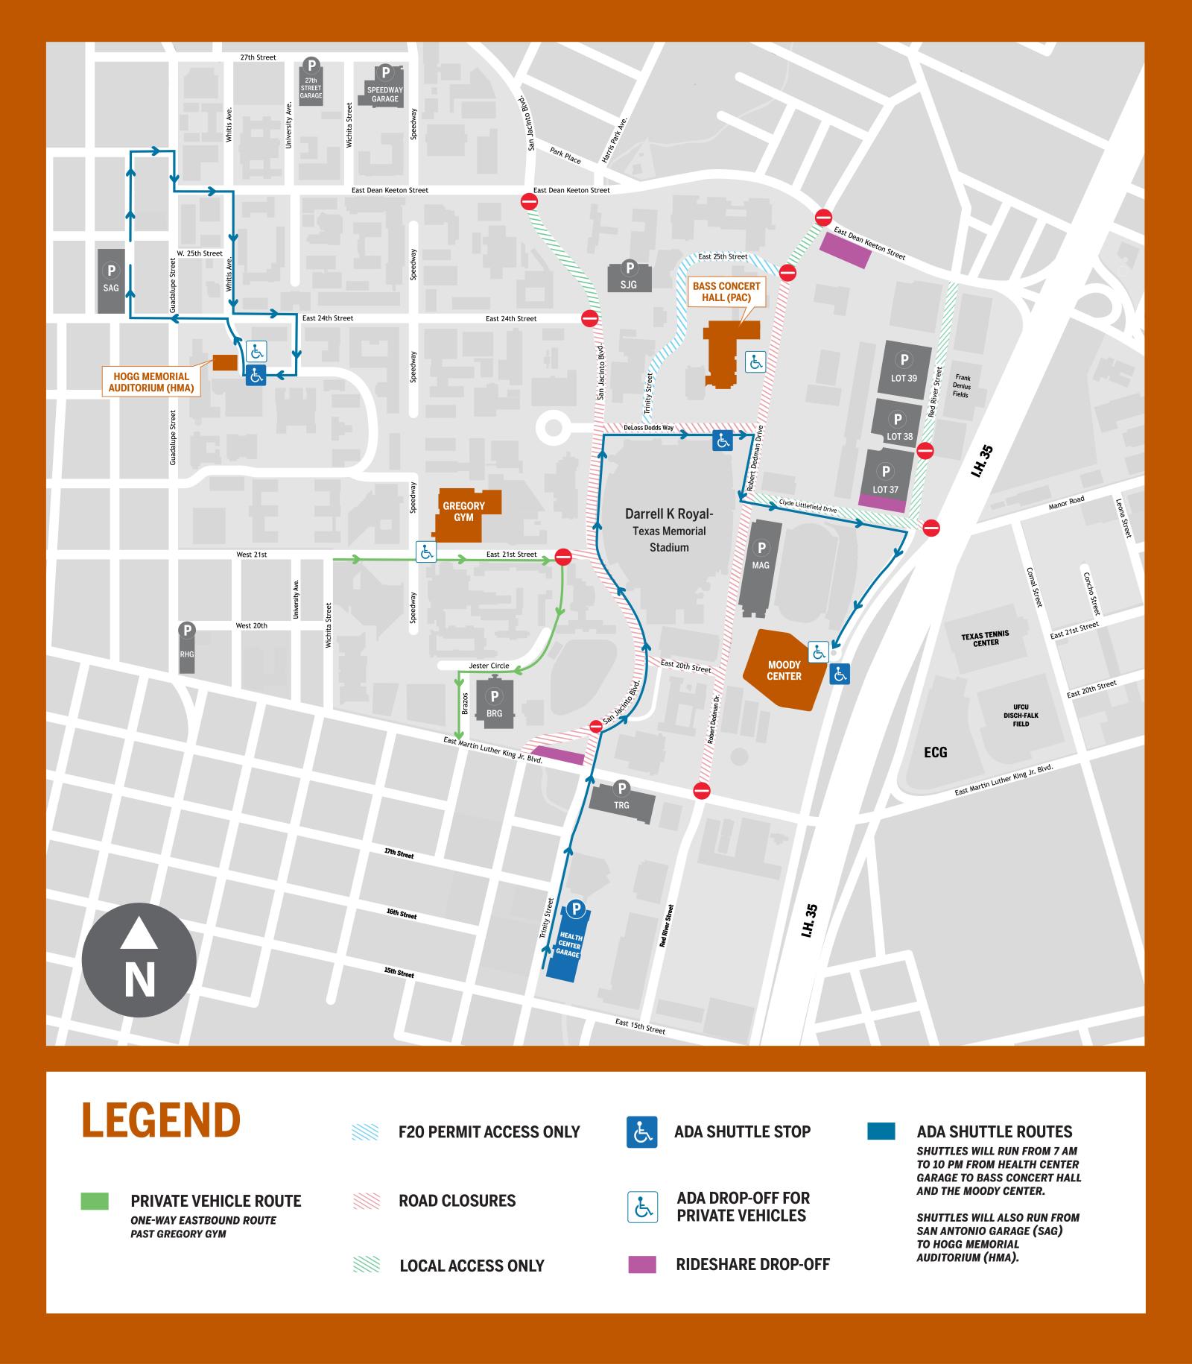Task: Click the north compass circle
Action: [x=139, y=961]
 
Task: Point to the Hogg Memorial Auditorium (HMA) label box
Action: [x=152, y=382]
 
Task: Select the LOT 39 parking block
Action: [x=904, y=370]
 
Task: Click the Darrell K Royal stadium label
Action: [x=668, y=530]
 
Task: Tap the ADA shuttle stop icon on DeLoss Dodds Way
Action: [x=722, y=441]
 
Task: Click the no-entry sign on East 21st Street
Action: [x=563, y=557]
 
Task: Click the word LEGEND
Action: [x=161, y=1119]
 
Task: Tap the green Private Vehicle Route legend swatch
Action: [x=95, y=1201]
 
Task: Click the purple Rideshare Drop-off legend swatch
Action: [x=642, y=1264]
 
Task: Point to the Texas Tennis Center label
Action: [x=986, y=639]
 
